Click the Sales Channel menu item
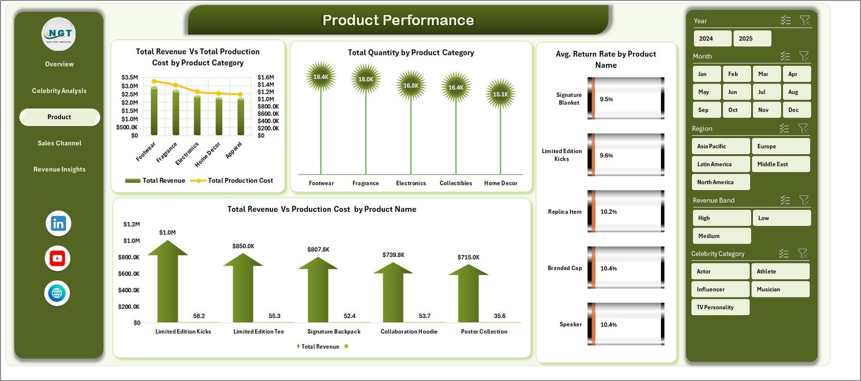coord(59,143)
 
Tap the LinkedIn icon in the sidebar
coord(58,224)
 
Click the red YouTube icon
coord(58,259)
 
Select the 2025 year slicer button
coord(752,39)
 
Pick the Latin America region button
coord(720,164)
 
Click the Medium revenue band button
coord(721,236)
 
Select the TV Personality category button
coord(719,308)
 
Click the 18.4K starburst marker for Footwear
coord(321,77)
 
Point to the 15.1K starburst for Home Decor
coord(500,94)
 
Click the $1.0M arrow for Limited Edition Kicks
coord(167,280)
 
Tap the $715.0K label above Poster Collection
coord(468,258)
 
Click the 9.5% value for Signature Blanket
coord(606,99)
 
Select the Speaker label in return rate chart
coord(570,324)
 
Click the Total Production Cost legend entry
coord(240,181)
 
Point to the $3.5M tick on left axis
coord(129,78)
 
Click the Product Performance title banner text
coord(398,20)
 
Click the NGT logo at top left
coord(59,34)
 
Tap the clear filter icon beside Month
coord(804,56)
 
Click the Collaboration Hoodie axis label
coord(409,332)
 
